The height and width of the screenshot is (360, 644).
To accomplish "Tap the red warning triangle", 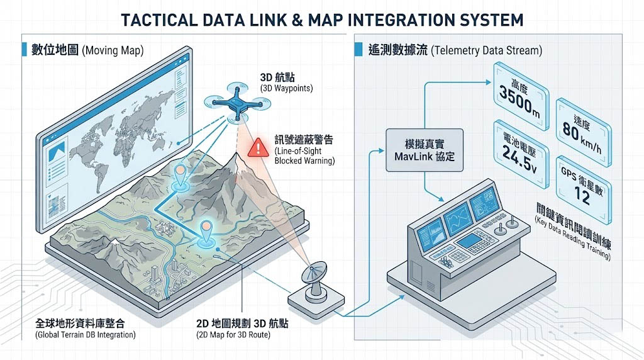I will [257, 148].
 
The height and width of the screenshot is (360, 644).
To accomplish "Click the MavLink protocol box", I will [424, 151].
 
